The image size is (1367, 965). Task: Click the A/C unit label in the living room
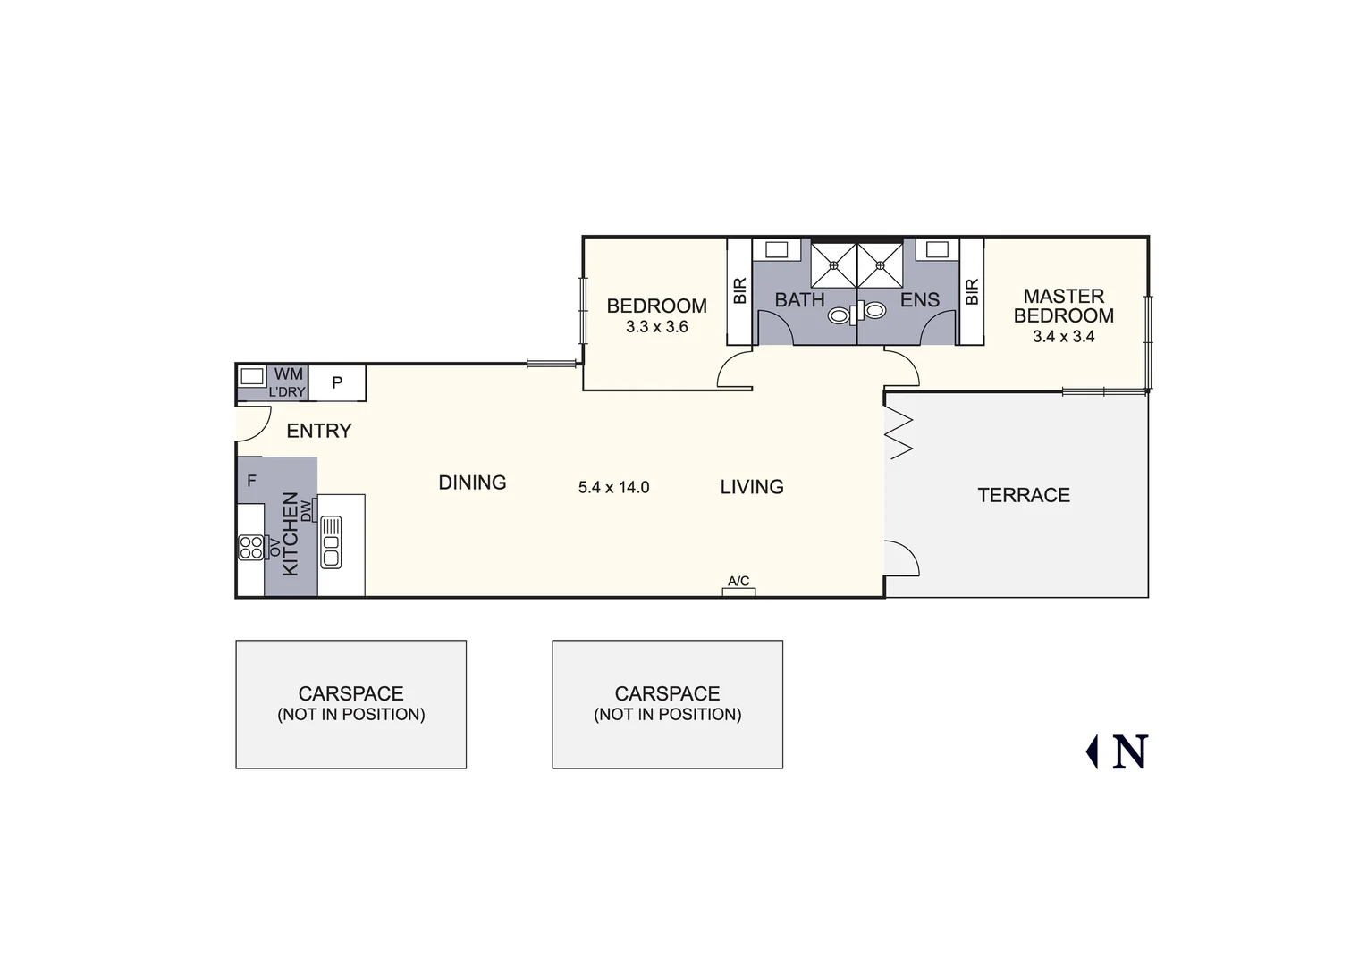[738, 582]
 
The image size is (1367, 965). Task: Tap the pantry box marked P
[337, 382]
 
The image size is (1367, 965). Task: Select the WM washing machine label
[288, 374]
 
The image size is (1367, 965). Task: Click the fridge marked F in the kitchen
[251, 481]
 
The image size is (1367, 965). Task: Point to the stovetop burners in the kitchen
[251, 547]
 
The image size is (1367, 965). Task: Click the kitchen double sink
[331, 541]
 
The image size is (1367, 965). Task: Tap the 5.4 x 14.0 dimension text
[613, 488]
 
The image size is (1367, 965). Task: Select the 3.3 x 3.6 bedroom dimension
[656, 327]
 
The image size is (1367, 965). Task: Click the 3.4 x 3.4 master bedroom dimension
[1063, 337]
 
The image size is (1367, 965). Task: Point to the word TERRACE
[1023, 495]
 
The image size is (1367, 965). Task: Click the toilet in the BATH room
[840, 315]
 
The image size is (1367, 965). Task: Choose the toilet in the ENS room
[873, 311]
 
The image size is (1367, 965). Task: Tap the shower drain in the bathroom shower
[833, 264]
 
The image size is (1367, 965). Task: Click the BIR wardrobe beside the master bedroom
[972, 291]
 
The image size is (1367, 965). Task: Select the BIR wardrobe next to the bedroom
[739, 291]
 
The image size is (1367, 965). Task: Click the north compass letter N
[1129, 752]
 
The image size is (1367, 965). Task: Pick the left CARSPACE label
[350, 694]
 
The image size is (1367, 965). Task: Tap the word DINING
[472, 482]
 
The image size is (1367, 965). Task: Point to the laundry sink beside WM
[252, 376]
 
